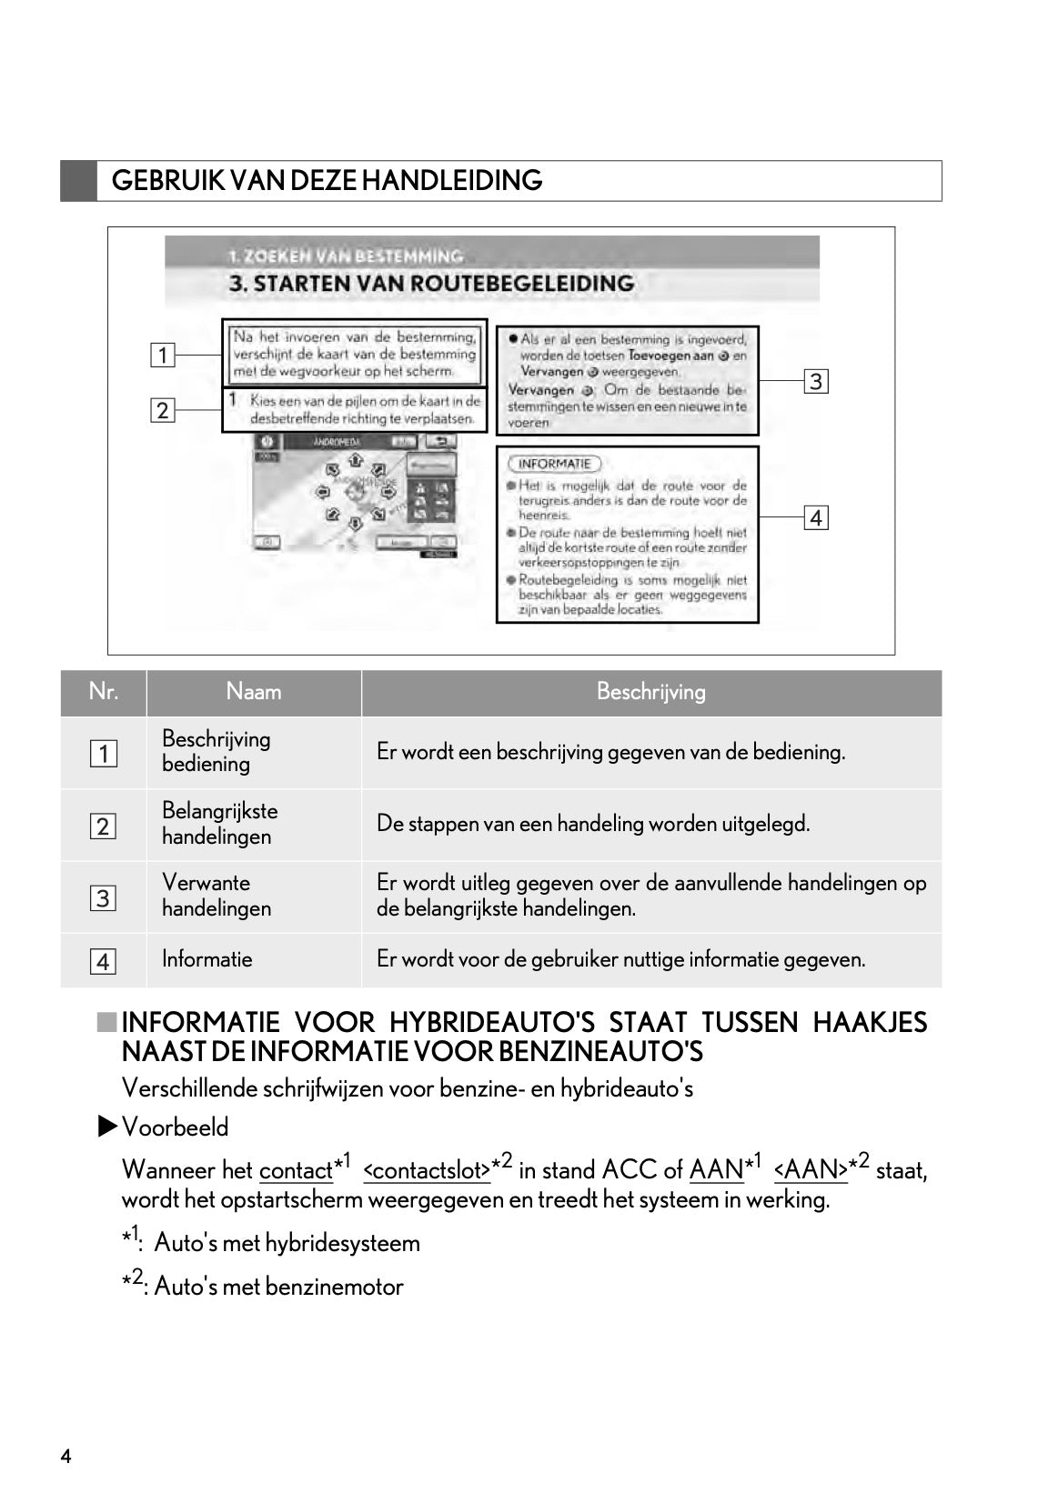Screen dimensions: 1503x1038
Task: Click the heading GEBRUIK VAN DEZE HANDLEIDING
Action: (x=327, y=180)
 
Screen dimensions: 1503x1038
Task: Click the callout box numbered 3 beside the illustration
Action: (x=815, y=381)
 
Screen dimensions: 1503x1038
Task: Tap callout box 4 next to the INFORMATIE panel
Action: (x=815, y=518)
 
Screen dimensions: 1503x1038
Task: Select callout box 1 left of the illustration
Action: (x=162, y=355)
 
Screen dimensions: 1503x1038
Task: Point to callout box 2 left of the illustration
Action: (x=162, y=410)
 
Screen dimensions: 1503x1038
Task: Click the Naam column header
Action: (x=254, y=692)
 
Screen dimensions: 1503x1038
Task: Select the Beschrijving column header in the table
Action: (x=650, y=692)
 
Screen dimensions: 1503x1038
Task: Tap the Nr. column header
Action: (x=103, y=692)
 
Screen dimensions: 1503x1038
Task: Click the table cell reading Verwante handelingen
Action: (x=216, y=896)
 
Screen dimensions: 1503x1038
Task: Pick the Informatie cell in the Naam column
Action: (x=207, y=959)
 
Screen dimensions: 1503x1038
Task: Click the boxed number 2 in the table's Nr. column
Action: (x=103, y=827)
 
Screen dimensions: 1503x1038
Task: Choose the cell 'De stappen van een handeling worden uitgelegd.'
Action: (x=592, y=824)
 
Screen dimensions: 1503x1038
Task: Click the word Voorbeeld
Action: (x=175, y=1127)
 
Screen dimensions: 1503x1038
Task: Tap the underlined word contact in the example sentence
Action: (x=295, y=1171)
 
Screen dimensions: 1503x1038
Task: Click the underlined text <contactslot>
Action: (x=426, y=1171)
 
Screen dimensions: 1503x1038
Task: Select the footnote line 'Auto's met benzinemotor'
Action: (x=277, y=1287)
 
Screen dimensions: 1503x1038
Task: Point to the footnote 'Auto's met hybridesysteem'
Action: (x=287, y=1243)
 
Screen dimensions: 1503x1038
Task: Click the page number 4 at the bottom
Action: (x=66, y=1457)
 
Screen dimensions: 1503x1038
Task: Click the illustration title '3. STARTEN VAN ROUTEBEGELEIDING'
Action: (x=431, y=284)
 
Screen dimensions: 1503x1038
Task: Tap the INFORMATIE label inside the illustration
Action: (x=554, y=464)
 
